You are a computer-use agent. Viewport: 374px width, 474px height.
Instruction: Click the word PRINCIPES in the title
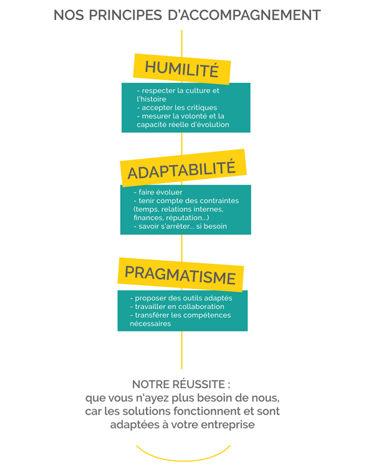125,15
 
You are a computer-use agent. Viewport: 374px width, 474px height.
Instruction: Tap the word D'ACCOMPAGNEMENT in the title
244,15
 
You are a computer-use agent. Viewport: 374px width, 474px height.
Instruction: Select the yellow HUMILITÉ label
182,69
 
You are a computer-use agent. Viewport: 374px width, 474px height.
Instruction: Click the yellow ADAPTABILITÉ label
183,168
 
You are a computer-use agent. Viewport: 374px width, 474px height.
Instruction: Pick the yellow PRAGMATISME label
181,275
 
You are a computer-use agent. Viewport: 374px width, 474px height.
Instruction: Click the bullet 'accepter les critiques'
177,108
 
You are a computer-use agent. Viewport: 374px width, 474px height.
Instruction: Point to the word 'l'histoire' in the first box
151,99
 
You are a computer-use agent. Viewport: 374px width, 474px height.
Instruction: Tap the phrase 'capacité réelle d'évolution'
183,125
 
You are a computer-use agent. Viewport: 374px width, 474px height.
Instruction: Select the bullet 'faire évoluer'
158,192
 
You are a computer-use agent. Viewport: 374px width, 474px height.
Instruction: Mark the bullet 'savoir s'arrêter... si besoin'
180,226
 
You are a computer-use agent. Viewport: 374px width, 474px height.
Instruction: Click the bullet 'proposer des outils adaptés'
181,298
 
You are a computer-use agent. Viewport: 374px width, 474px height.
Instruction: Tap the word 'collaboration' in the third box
201,306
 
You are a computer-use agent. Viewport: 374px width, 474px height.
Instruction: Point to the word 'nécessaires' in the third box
150,324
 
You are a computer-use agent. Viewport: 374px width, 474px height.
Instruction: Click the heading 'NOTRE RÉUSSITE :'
181,384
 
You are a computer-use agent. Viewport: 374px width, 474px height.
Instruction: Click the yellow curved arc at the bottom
183,460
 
